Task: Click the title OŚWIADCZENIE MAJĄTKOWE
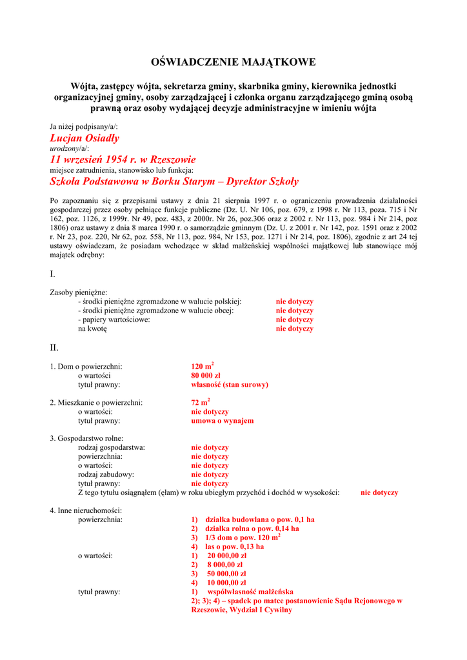point(233,63)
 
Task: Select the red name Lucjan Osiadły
point(84,138)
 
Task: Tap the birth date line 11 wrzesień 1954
point(123,159)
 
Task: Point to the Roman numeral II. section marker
point(54,347)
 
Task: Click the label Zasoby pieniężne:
point(79,293)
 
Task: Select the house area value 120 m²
point(202,366)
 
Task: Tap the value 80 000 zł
point(206,375)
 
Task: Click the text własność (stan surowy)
point(230,385)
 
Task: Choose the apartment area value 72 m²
point(200,402)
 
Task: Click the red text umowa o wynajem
point(222,421)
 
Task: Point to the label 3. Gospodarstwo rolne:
point(86,438)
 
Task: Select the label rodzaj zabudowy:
point(106,474)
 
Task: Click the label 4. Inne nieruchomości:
point(86,510)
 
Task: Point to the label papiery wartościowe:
point(114,320)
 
